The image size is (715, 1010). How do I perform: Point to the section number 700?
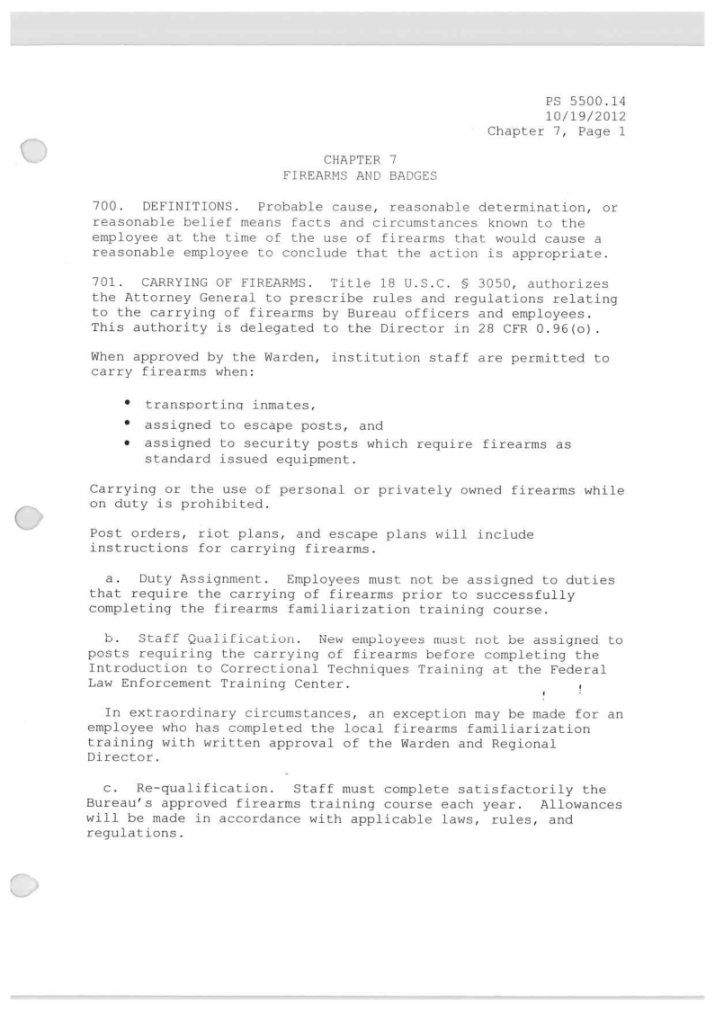pyautogui.click(x=106, y=208)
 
